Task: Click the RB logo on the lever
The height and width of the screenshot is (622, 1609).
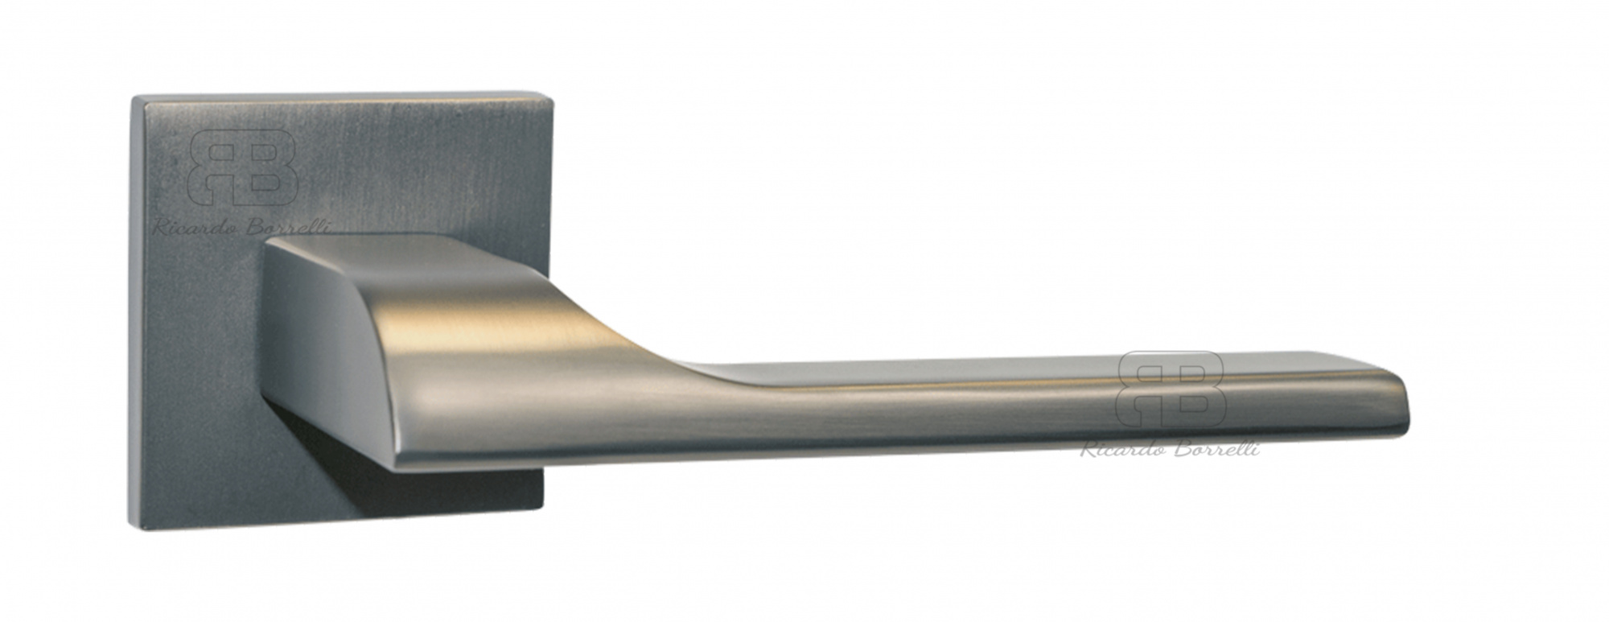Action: point(1171,392)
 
